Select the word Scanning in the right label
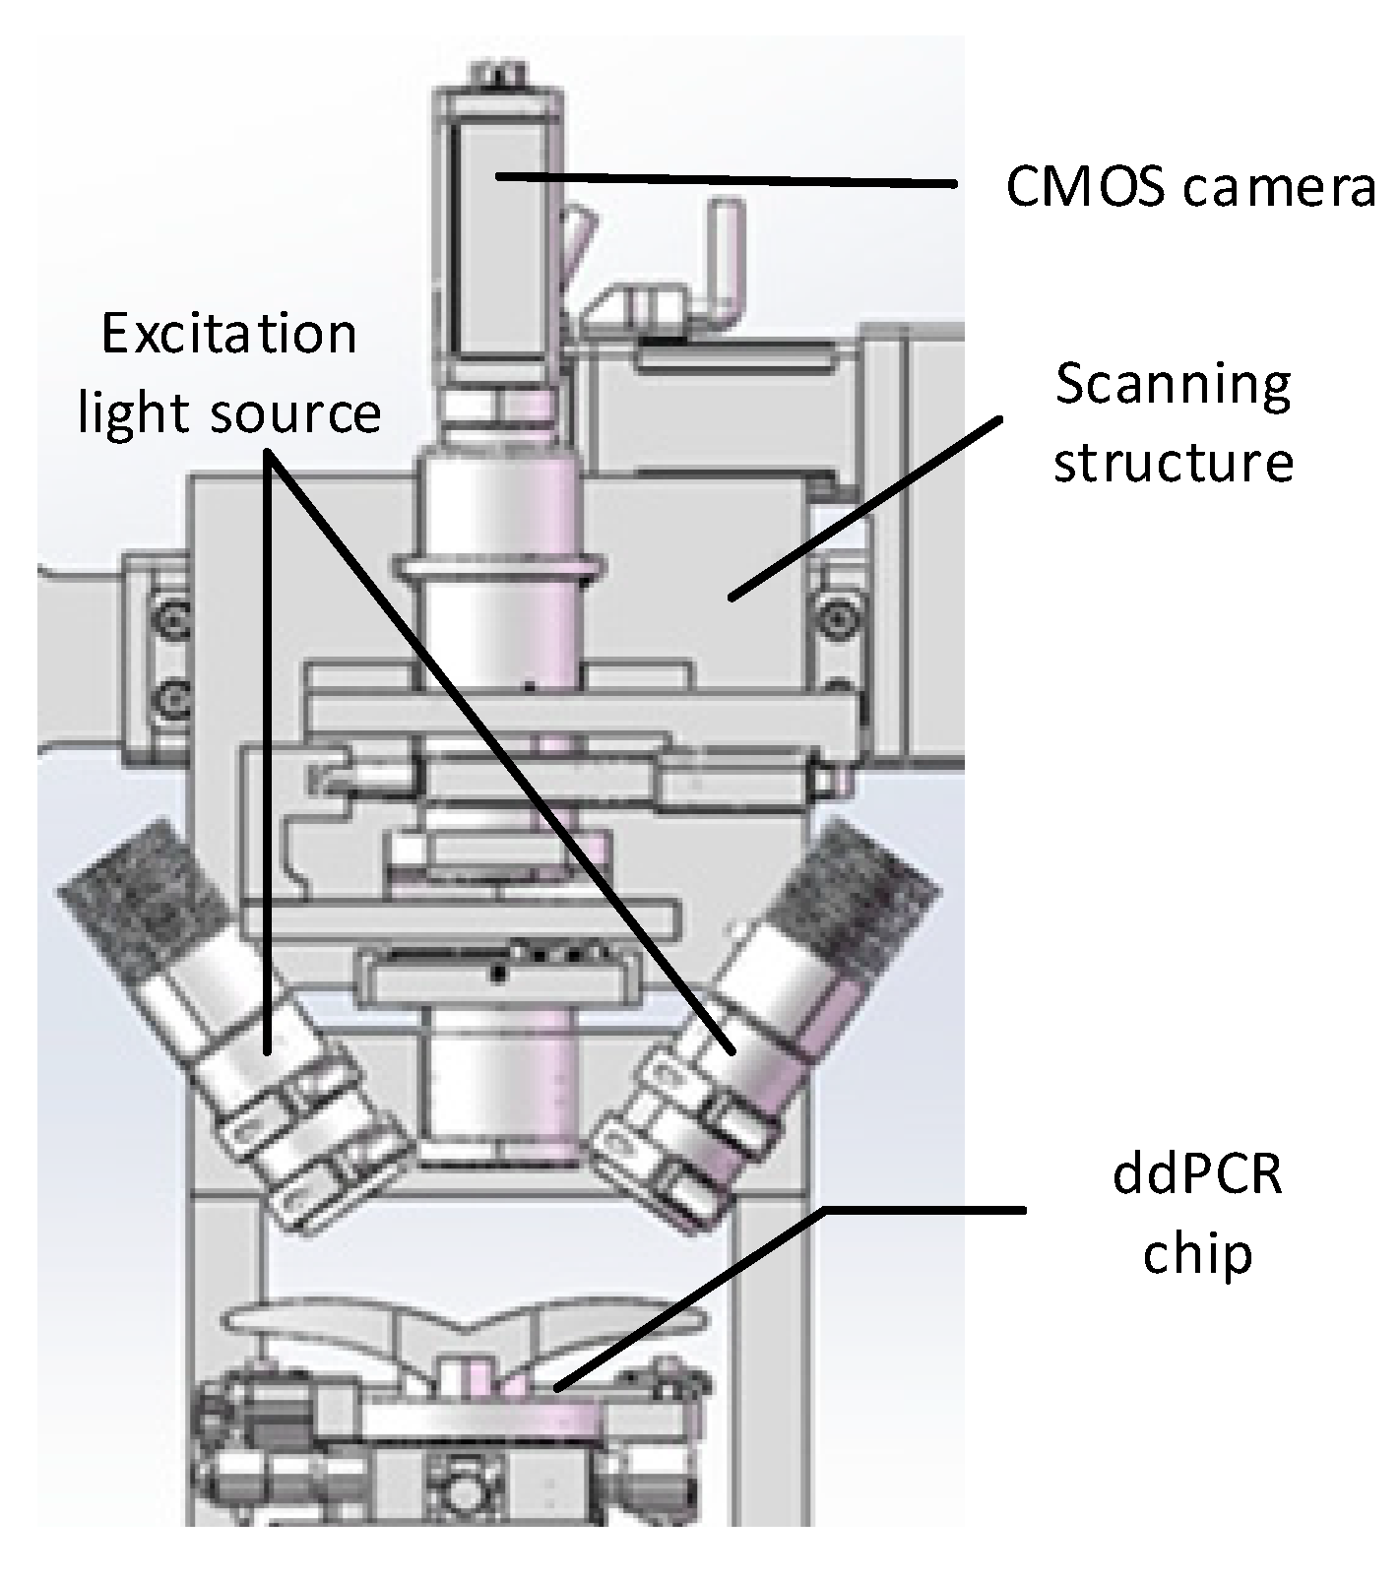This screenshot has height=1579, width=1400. tap(1173, 387)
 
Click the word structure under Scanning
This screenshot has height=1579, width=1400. tap(1173, 461)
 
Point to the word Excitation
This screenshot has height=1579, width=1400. tap(229, 335)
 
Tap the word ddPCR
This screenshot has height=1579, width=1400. tap(1198, 1176)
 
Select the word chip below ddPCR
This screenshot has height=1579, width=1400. tap(1198, 1253)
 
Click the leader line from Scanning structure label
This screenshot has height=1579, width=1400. tap(864, 508)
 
